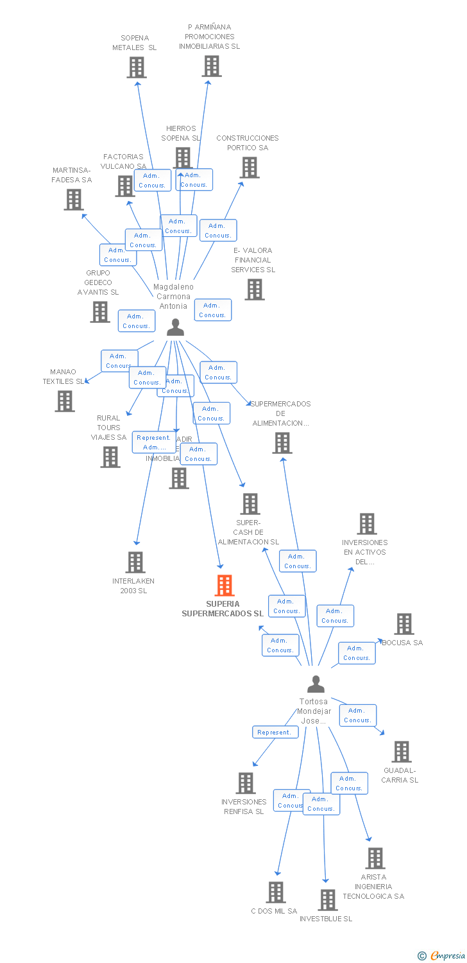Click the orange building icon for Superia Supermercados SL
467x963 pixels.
click(x=224, y=586)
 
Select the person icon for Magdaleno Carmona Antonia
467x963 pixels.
click(x=175, y=327)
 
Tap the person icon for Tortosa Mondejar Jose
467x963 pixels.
click(x=315, y=684)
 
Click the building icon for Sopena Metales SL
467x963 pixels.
click(x=136, y=67)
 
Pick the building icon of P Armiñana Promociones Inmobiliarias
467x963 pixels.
click(x=211, y=66)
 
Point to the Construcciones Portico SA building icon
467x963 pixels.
click(x=250, y=168)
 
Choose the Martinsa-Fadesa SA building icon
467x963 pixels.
click(x=74, y=200)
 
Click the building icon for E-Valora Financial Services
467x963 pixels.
click(x=255, y=290)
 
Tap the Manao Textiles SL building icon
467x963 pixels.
click(x=64, y=401)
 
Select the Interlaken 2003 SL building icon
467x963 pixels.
click(x=135, y=562)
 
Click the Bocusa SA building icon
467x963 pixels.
click(x=403, y=624)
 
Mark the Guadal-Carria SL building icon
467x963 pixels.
click(x=401, y=752)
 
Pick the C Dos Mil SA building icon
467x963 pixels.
click(x=275, y=892)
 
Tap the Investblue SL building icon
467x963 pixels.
click(x=327, y=900)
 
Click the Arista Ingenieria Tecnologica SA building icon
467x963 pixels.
click(x=375, y=858)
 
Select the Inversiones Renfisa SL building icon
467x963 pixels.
click(x=245, y=783)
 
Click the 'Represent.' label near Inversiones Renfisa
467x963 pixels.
click(x=275, y=732)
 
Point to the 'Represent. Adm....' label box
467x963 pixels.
click(x=154, y=442)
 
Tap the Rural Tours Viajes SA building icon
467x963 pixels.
click(x=110, y=457)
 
